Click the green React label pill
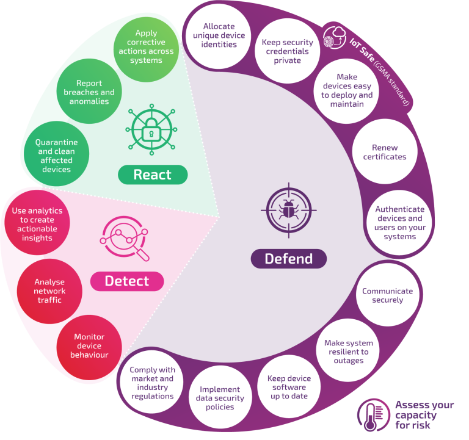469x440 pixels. [153, 175]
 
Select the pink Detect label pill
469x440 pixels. [127, 281]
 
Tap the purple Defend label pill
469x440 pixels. [288, 259]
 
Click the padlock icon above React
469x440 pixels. [151, 129]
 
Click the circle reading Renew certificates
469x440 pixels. [385, 151]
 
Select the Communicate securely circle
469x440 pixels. [387, 295]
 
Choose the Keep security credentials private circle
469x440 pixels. [287, 51]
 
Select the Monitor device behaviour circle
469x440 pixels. [89, 345]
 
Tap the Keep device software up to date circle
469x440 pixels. [289, 387]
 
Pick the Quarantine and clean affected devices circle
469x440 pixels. [57, 156]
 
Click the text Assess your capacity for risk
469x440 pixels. [424, 415]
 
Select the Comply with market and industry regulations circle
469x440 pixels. [153, 383]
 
